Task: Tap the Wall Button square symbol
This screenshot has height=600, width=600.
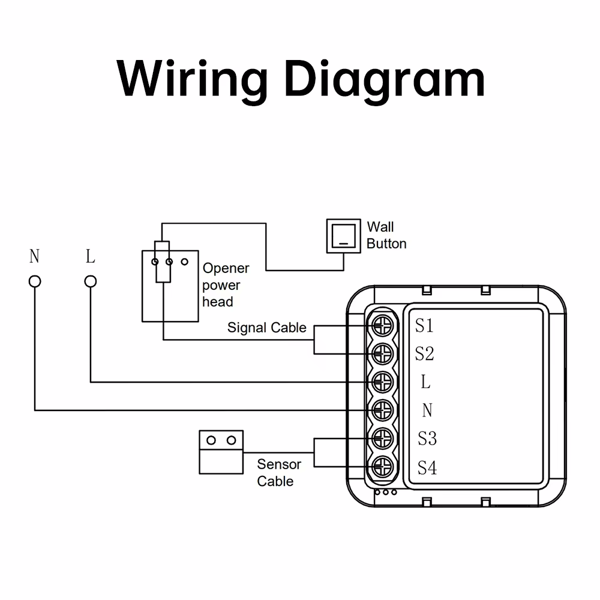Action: click(x=343, y=236)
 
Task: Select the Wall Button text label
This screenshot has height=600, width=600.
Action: click(x=386, y=235)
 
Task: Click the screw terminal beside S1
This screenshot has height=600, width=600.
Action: click(x=382, y=326)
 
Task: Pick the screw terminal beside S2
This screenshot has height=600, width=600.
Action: click(x=382, y=353)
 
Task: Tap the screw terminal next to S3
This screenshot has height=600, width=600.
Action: click(x=382, y=439)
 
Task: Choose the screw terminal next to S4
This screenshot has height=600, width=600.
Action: click(x=382, y=466)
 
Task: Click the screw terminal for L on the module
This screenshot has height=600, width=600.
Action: click(x=382, y=381)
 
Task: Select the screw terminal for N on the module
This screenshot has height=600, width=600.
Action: click(x=382, y=410)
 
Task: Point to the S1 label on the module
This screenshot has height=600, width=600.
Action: click(x=424, y=326)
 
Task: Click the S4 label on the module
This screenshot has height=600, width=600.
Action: click(x=427, y=467)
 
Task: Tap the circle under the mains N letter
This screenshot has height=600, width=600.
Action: click(x=35, y=281)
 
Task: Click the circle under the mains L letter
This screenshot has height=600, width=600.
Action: click(x=91, y=281)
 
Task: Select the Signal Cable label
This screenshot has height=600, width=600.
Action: click(x=266, y=328)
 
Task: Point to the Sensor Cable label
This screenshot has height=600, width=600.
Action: click(x=278, y=472)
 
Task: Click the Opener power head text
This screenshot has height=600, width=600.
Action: click(x=225, y=285)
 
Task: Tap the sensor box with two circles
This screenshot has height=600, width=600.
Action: click(x=221, y=451)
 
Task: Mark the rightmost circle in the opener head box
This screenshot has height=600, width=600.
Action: click(x=185, y=262)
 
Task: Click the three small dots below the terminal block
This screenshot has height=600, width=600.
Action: click(x=385, y=493)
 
